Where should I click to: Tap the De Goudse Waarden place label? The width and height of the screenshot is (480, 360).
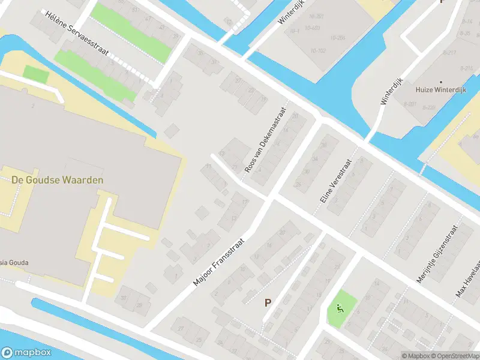coord(57,179)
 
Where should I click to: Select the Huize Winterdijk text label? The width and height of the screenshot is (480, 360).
coord(442,91)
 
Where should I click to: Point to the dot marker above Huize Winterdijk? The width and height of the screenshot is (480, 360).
coord(442,82)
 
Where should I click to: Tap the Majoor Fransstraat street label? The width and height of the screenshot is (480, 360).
coord(221,260)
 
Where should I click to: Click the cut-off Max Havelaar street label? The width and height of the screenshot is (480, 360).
coord(469,278)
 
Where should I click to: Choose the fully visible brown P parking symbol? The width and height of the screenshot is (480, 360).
coord(267,303)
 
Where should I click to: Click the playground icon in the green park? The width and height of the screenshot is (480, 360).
coord(341,309)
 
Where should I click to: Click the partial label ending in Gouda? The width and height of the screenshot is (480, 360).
coord(15,262)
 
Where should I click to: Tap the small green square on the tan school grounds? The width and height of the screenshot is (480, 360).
coord(35,74)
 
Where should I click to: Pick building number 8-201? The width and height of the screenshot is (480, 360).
coord(410,104)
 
